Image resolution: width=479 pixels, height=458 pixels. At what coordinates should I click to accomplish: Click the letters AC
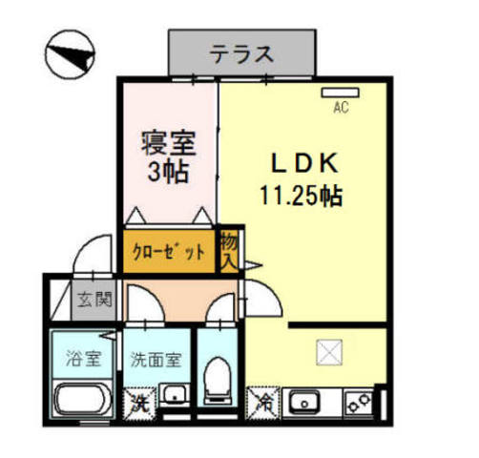[340, 109]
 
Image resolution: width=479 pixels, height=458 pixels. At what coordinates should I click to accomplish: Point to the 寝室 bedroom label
[169, 145]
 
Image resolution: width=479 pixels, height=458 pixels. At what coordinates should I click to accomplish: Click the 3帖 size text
[169, 173]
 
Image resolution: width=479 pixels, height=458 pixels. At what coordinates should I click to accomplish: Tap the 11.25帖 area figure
[302, 198]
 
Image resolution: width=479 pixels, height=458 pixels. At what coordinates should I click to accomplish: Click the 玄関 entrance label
[94, 299]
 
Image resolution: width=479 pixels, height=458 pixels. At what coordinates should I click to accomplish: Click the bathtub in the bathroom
[82, 401]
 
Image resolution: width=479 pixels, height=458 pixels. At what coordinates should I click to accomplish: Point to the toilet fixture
[219, 382]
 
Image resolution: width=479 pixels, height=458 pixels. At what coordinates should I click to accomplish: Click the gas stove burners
[360, 401]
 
